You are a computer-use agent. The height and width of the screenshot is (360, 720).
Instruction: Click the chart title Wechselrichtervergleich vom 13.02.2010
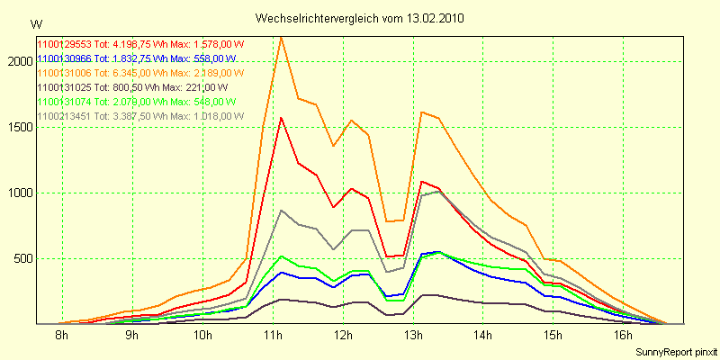[360, 18]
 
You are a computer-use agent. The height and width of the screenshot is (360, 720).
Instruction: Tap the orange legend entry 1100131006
[127, 72]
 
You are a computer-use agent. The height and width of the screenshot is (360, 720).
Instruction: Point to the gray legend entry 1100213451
[127, 116]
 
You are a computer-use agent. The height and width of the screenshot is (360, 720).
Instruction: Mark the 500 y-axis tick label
[20, 258]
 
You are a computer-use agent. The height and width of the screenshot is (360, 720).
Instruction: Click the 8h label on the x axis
[61, 336]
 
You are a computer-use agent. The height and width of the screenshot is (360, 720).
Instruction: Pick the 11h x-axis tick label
[273, 336]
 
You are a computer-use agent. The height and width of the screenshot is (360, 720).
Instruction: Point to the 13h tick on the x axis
[414, 336]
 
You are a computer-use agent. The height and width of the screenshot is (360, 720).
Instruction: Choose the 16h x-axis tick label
[625, 336]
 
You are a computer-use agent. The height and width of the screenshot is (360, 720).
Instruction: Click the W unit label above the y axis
[35, 23]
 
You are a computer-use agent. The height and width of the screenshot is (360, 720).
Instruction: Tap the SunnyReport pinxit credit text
[674, 351]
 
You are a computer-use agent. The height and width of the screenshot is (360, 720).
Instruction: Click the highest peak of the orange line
[282, 38]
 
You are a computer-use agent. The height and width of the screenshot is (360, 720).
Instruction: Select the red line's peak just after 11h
[282, 117]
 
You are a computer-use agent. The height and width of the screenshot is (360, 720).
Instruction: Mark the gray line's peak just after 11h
[282, 211]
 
